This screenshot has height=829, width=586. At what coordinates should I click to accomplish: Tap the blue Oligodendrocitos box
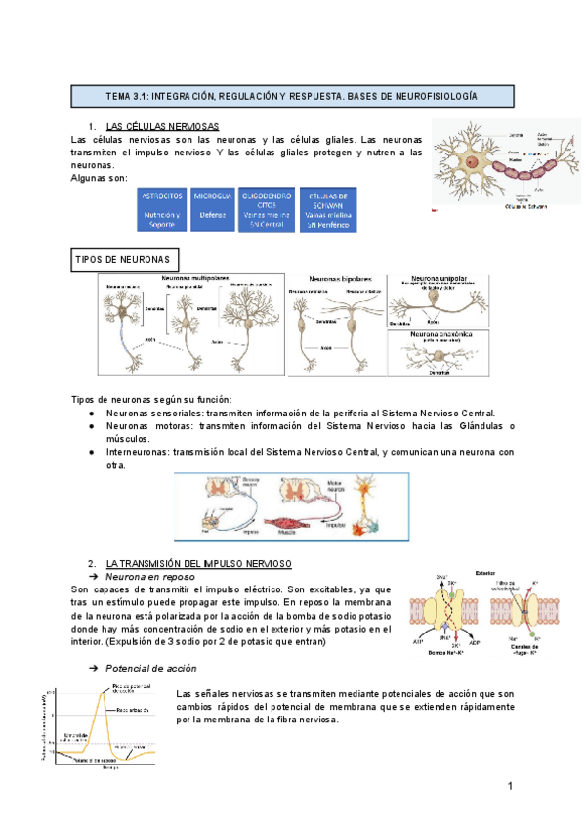[266, 209]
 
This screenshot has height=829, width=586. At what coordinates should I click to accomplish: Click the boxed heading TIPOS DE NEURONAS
[122, 259]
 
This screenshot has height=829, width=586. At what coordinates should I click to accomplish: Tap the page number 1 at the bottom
[510, 787]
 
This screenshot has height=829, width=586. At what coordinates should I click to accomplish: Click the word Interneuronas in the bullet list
[137, 452]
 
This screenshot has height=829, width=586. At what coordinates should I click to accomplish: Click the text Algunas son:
[100, 178]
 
